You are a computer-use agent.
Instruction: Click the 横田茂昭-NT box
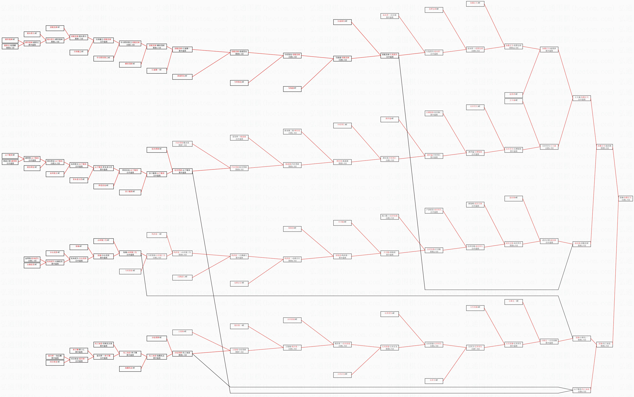coord(130,64)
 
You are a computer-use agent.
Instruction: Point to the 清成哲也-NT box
coord(182,76)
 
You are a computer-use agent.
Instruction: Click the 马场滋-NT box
coord(292,88)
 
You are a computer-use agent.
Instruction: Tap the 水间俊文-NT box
coord(55,173)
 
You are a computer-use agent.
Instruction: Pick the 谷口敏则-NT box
coord(130,192)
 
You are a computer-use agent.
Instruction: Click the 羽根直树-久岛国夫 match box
coord(390,56)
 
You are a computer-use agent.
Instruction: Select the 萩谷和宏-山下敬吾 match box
coord(55,162)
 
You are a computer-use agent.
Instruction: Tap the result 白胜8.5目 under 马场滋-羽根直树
coord(342,60)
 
